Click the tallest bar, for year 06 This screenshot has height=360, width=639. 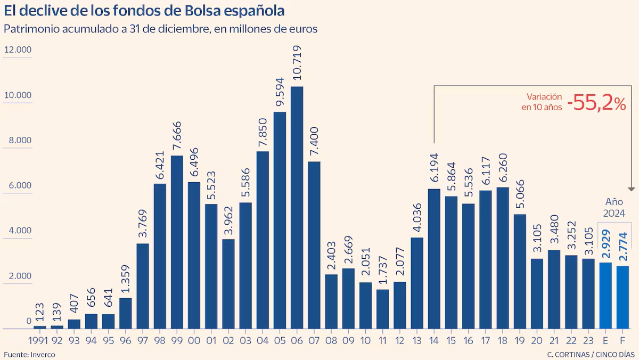point(297,208)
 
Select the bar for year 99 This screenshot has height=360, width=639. point(177,242)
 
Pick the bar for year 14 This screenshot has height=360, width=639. point(435,259)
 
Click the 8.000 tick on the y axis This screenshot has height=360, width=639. point(19,141)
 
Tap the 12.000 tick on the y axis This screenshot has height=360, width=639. point(19,50)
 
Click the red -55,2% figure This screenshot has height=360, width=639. point(596,103)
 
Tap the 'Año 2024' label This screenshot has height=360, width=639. point(615,208)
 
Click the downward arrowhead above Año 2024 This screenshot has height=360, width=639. point(632,189)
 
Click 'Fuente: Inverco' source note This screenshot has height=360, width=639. point(29,354)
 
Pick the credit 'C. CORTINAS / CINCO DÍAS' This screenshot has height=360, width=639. point(590,354)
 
